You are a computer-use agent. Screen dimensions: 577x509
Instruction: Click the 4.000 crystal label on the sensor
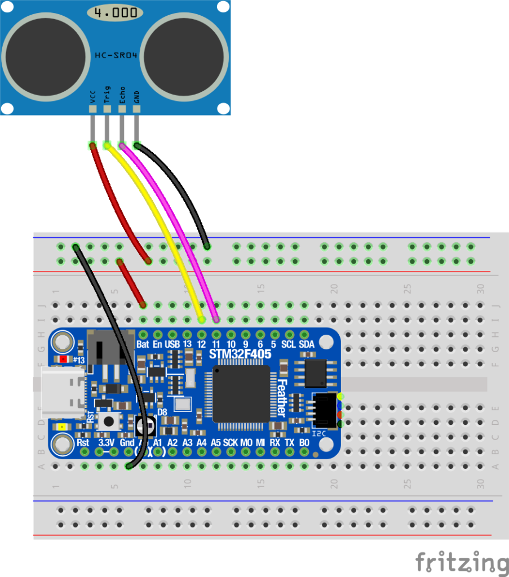coord(114,12)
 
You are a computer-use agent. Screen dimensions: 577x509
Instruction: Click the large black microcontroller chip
coord(241,393)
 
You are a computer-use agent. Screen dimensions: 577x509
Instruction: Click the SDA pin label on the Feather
coord(306,344)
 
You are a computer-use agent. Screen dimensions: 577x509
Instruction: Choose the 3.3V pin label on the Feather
coord(107,443)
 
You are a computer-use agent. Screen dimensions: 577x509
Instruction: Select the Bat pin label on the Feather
coord(143,344)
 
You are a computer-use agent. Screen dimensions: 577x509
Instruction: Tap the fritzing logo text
coord(461,562)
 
